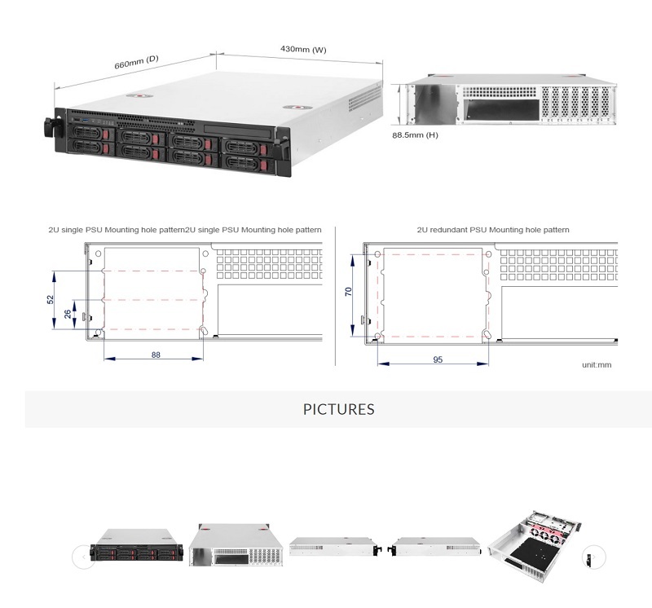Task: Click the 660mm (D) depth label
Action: pyautogui.click(x=135, y=64)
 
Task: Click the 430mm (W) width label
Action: pyautogui.click(x=303, y=50)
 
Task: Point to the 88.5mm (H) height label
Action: pyautogui.click(x=415, y=134)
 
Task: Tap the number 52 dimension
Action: pyautogui.click(x=51, y=299)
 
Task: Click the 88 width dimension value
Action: pyautogui.click(x=156, y=355)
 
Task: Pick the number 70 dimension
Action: pyautogui.click(x=349, y=292)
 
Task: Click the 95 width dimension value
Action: pyautogui.click(x=438, y=359)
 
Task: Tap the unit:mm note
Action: pyautogui.click(x=596, y=364)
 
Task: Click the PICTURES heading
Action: pyautogui.click(x=339, y=409)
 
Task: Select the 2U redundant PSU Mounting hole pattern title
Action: pyautogui.click(x=492, y=231)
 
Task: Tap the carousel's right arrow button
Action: pyautogui.click(x=594, y=557)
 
